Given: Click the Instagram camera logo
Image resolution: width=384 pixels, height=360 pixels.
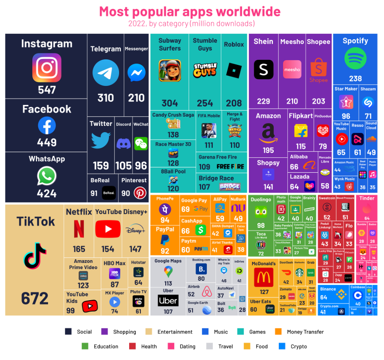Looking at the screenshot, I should pos(47,67).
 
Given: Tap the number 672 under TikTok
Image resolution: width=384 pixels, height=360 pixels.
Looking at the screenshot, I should pos(35,298).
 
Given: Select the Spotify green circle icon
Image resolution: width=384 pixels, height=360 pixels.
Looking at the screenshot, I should pos(355,59).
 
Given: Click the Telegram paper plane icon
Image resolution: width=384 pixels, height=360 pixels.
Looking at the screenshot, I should pos(106,73).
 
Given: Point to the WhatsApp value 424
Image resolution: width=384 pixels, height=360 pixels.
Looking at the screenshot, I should pos(47,193).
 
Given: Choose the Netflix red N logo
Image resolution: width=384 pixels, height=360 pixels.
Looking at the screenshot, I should pos(79,229).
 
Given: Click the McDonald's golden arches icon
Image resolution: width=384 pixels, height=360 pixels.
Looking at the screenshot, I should pos(264,277).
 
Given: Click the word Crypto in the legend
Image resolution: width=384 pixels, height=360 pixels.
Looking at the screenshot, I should pos(299,347).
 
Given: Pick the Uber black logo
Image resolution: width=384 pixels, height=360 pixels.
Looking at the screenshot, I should pos(168,301).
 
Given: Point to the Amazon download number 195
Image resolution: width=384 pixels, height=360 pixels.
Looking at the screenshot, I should pos(268,150).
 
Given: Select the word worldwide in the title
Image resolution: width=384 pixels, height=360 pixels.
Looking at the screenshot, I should pos(244,11).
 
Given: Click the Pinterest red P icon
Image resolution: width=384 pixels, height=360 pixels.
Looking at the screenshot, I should pos(140,193).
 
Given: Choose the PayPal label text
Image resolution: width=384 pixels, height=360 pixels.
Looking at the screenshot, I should pos(165,229).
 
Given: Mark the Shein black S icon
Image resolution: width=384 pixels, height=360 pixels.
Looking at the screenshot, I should pos(263,69).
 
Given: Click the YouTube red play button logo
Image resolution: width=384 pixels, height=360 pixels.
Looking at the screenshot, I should pos(108,229).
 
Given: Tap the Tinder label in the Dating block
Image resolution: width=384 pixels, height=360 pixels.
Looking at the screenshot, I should pos(367,198).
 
